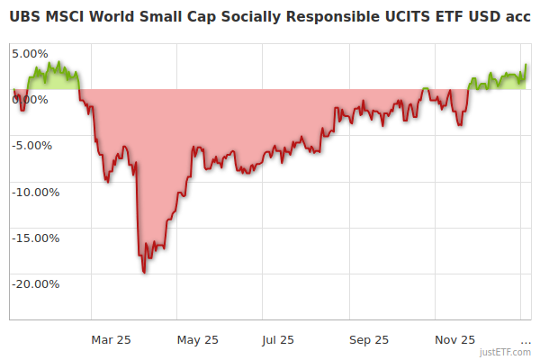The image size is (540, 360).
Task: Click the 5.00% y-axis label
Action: point(29,53)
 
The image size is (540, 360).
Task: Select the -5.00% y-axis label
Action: point(31,145)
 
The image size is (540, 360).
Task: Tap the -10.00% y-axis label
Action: point(35,192)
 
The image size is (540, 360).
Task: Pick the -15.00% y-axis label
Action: point(35,238)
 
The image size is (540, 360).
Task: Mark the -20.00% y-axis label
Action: point(35,283)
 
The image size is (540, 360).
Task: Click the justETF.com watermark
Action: point(506,353)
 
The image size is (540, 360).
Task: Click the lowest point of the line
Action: point(144,272)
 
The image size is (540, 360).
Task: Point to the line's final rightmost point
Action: point(526,65)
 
